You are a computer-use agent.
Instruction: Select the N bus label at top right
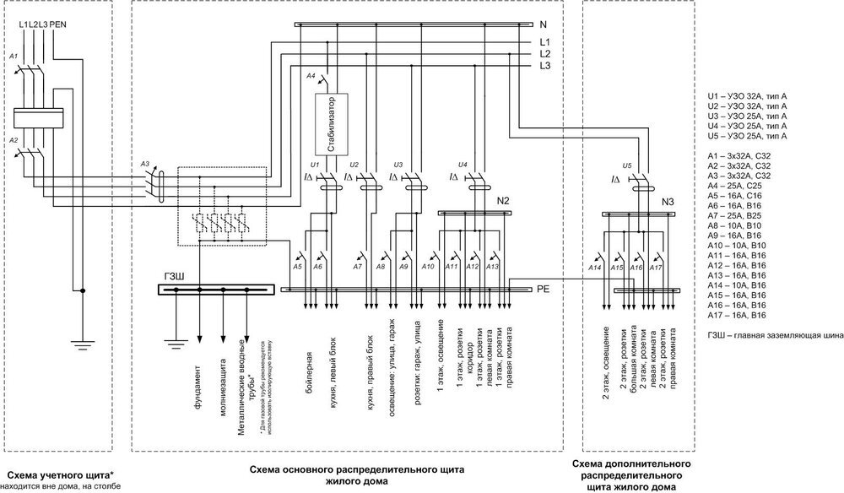(x=544, y=25)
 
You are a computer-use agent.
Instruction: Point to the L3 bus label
(x=545, y=65)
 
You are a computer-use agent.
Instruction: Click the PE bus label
(x=544, y=290)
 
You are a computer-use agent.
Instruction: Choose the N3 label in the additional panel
(x=667, y=203)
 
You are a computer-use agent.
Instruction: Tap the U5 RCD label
(x=625, y=165)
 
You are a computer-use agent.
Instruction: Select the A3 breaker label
(x=145, y=164)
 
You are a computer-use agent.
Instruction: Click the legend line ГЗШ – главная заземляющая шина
(x=775, y=335)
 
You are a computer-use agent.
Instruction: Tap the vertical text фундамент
(x=197, y=387)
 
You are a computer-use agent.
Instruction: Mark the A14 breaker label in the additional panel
(x=593, y=268)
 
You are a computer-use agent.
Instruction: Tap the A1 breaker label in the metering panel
(x=13, y=56)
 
